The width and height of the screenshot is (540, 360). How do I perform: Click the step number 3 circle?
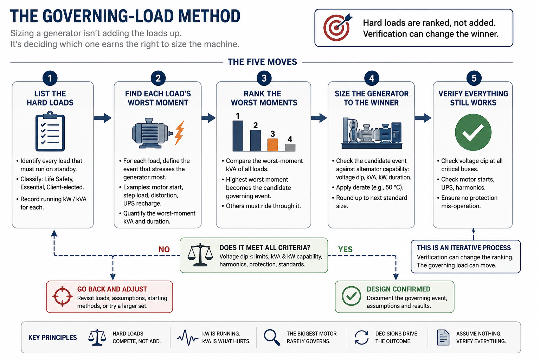(264, 78)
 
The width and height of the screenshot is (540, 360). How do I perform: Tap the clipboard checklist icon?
(50, 131)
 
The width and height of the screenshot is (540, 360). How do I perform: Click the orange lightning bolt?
(180, 133)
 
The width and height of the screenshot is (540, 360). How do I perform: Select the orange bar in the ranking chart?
(273, 145)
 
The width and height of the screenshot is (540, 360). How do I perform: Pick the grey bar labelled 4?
(290, 148)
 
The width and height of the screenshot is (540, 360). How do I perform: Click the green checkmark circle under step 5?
(473, 133)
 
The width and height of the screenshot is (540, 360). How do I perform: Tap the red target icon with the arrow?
(337, 27)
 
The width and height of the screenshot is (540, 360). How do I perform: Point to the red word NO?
(164, 249)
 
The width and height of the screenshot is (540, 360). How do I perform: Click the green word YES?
(345, 249)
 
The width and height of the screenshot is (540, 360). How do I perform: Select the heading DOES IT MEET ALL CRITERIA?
(265, 247)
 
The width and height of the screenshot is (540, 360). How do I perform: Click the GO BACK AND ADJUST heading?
(112, 289)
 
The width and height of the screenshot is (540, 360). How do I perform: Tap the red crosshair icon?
(63, 296)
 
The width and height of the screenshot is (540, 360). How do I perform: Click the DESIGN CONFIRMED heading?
(398, 289)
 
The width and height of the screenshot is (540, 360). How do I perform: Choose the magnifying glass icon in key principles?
(272, 337)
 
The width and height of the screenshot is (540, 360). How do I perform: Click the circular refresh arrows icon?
(361, 337)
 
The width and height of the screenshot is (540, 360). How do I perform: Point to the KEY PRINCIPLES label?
(52, 337)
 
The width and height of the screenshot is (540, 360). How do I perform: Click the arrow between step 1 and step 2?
(103, 118)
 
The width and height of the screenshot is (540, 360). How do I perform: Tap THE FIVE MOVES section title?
(262, 62)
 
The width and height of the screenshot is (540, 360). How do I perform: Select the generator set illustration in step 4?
(372, 133)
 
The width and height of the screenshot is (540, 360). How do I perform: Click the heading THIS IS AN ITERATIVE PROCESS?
(464, 247)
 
